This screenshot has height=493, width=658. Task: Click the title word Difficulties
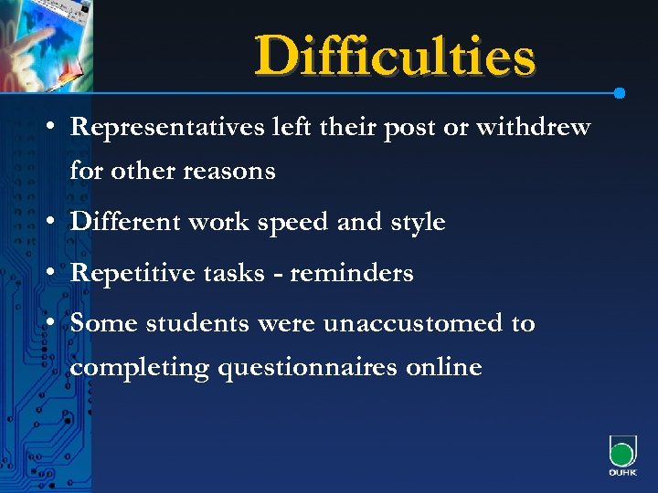click(395, 56)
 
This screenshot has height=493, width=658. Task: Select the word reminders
click(352, 273)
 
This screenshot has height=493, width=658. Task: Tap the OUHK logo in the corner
click(621, 456)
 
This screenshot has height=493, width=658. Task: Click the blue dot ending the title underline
click(620, 93)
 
